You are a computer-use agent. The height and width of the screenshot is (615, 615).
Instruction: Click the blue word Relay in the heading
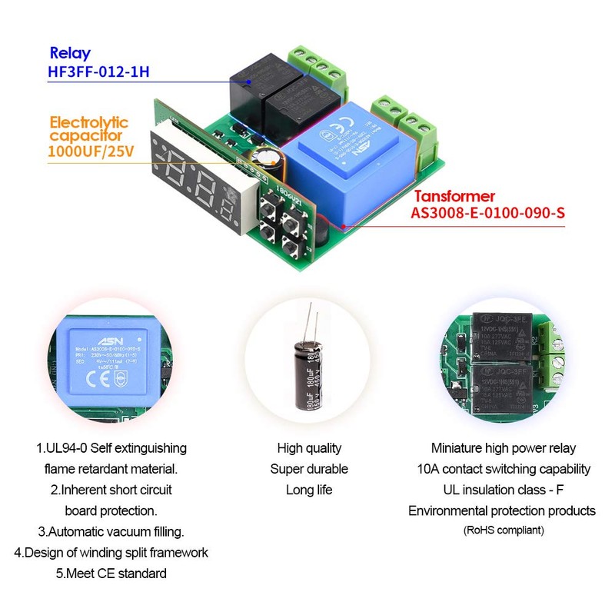pyautogui.click(x=70, y=53)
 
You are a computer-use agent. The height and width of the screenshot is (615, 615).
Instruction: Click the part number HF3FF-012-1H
pyautogui.click(x=98, y=74)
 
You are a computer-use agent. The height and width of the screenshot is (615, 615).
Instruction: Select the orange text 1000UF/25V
pyautogui.click(x=91, y=151)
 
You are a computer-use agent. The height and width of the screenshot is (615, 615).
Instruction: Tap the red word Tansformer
pyautogui.click(x=458, y=197)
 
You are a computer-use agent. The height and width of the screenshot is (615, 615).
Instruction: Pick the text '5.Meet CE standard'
pyautogui.click(x=111, y=573)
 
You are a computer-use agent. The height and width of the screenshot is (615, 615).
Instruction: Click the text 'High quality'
pyautogui.click(x=309, y=448)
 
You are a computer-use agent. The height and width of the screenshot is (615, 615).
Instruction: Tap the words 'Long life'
pyautogui.click(x=309, y=490)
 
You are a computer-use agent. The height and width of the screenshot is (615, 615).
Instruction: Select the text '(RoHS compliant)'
pyautogui.click(x=503, y=530)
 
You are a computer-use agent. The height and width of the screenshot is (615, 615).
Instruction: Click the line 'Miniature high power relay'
pyautogui.click(x=503, y=448)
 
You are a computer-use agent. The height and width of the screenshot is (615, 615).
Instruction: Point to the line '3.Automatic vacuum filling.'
pyautogui.click(x=111, y=531)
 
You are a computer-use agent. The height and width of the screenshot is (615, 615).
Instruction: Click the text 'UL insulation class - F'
pyautogui.click(x=503, y=490)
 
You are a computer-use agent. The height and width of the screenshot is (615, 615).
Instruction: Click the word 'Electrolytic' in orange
pyautogui.click(x=89, y=122)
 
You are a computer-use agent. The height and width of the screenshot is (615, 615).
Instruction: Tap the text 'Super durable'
pyautogui.click(x=309, y=469)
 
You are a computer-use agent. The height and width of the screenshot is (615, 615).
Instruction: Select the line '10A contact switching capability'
pyautogui.click(x=503, y=469)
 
